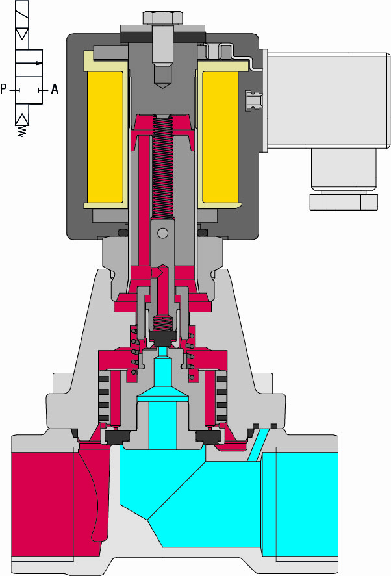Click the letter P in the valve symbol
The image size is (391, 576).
pyautogui.click(x=3, y=89)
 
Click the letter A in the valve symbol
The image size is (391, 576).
pyautogui.click(x=55, y=89)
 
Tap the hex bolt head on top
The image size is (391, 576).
pyautogui.click(x=163, y=18)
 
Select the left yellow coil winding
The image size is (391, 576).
pyautogui.click(x=105, y=136)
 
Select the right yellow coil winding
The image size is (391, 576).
pyautogui.click(x=220, y=136)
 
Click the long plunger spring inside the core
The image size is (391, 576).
pyautogui.click(x=162, y=167)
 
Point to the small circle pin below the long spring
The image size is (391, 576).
pyautogui.click(x=162, y=233)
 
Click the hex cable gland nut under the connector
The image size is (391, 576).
pyautogui.click(x=344, y=202)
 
